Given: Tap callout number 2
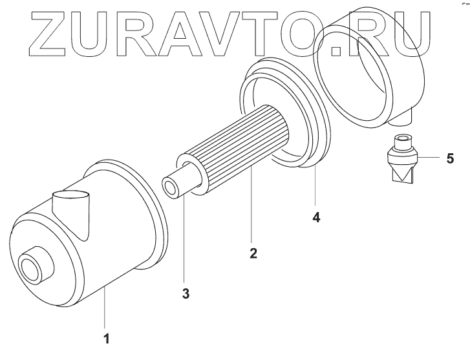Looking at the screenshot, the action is pyautogui.click(x=253, y=253).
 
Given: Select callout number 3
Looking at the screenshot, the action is pyautogui.click(x=186, y=293).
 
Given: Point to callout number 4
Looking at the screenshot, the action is pyautogui.click(x=316, y=217).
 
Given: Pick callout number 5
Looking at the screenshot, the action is pyautogui.click(x=450, y=158).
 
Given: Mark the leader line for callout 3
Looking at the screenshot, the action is pyautogui.click(x=184, y=239).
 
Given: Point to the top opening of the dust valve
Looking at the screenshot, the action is pyautogui.click(x=404, y=138).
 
